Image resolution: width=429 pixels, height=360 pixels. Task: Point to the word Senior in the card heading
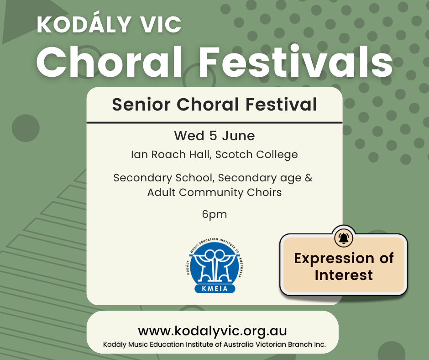point(141,104)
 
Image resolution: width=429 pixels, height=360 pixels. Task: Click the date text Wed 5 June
point(214,136)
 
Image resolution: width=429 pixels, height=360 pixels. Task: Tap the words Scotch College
point(256,155)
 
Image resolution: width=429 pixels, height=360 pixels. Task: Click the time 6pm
point(214,215)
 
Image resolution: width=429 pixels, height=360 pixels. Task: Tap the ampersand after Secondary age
point(309,178)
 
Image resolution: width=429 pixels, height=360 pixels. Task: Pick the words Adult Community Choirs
point(214,192)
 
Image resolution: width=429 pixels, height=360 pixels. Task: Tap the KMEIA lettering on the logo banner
point(215,288)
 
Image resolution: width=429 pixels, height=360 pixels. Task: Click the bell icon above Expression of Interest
point(344,238)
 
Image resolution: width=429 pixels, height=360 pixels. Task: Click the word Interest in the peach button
point(344,275)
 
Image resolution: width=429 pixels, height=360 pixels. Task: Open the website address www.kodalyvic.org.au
point(213,331)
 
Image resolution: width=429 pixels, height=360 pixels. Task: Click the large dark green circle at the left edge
point(26,128)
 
